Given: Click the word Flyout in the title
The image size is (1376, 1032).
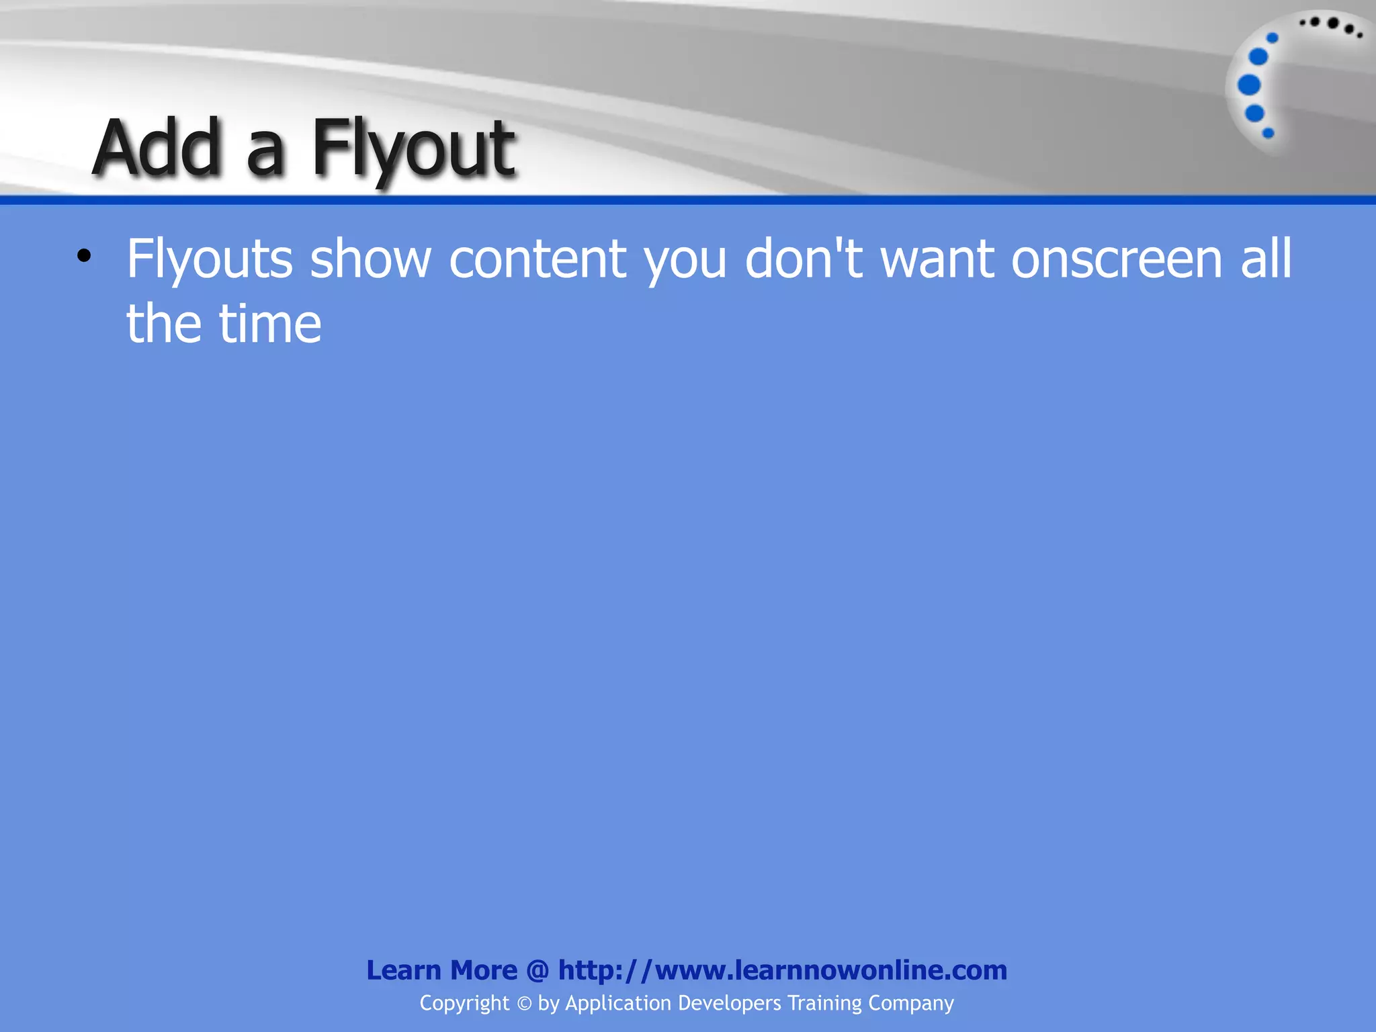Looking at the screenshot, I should [413, 149].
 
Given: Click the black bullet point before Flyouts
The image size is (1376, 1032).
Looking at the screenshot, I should [83, 256].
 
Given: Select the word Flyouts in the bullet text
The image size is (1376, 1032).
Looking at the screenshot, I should [210, 260].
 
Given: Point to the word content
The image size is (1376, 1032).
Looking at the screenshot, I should [537, 259].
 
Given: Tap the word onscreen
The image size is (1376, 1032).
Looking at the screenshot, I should [1117, 259].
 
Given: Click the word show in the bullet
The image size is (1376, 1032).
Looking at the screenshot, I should [370, 259].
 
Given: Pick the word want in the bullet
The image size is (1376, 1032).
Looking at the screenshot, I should [937, 259].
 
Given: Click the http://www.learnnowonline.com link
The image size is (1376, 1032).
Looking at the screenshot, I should [783, 970].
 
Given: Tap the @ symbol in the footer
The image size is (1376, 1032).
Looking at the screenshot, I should [537, 971].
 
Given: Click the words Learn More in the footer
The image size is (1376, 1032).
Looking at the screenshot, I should [441, 970].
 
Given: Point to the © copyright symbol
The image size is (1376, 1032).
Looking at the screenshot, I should [524, 1003].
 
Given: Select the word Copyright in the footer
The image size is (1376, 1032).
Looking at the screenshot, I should [464, 1003].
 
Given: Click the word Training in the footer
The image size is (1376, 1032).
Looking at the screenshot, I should [824, 1003].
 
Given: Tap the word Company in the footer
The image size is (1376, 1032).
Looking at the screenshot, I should [910, 1003].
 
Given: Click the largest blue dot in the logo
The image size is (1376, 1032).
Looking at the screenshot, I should [1249, 85].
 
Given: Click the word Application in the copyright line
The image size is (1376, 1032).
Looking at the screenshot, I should [618, 1003].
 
